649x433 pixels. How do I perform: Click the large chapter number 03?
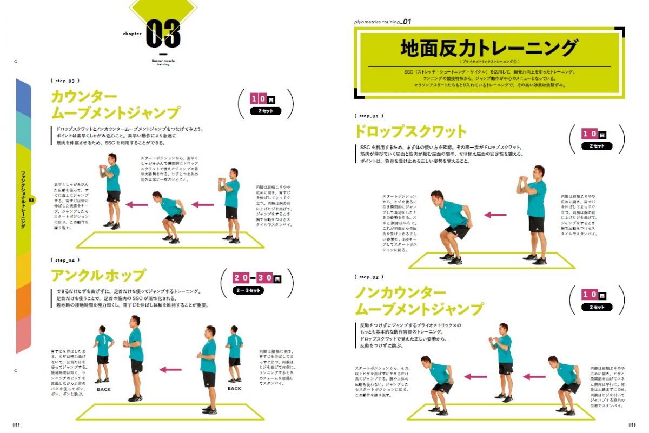[163, 34]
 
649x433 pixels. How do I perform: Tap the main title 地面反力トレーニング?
[489, 49]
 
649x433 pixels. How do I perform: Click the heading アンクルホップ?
[98, 276]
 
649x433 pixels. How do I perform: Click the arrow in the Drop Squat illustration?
[495, 215]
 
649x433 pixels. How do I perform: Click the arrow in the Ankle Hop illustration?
[170, 370]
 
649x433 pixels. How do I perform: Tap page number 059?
[17, 425]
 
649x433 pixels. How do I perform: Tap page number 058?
[631, 425]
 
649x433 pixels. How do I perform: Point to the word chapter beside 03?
[132, 34]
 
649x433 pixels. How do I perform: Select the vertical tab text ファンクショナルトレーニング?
[23, 199]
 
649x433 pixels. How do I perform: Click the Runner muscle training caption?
[163, 63]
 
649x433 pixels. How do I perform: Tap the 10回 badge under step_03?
[266, 99]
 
